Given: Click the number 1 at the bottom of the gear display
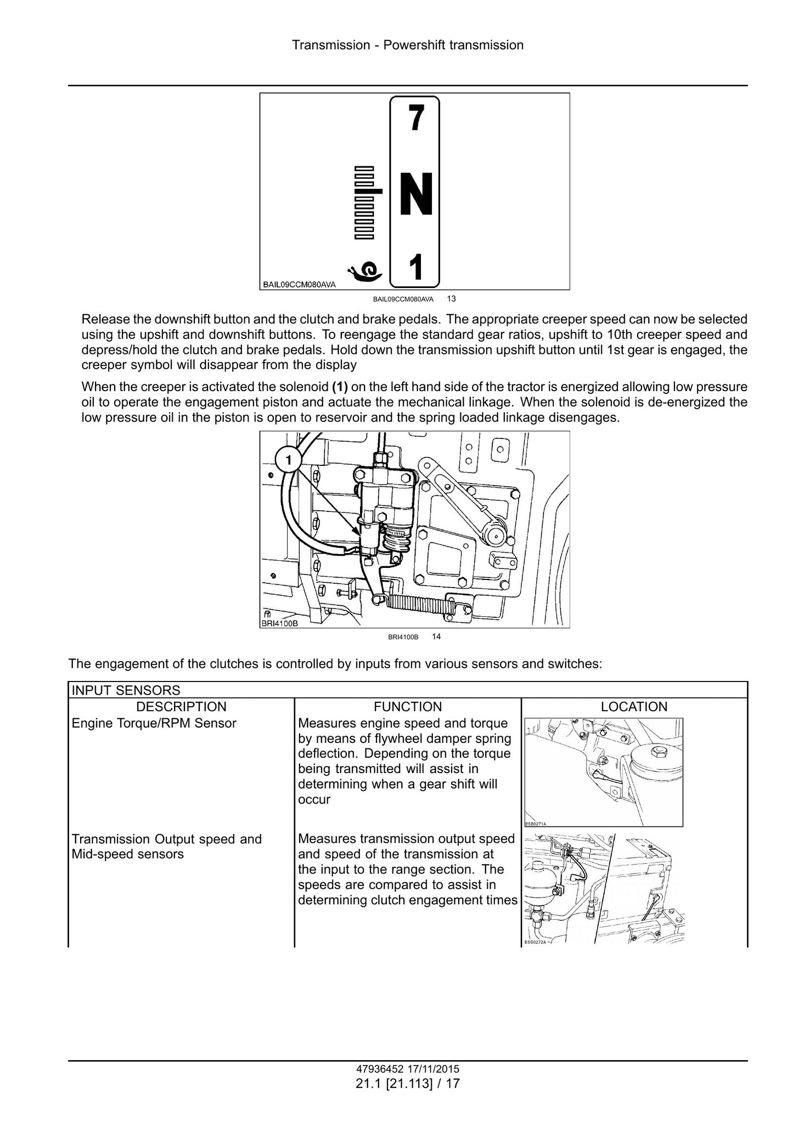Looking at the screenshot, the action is click(x=417, y=267).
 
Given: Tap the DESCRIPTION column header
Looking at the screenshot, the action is click(x=181, y=707).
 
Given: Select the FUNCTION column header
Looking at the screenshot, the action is click(x=408, y=707).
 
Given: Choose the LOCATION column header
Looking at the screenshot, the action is click(x=634, y=707).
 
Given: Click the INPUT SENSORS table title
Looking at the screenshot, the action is click(x=126, y=690).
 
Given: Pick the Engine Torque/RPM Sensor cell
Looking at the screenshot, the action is click(x=154, y=723).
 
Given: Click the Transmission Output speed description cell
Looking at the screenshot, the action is click(x=167, y=847).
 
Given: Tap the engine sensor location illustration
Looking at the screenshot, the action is click(x=604, y=772).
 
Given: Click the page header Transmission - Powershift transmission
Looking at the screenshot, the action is click(x=408, y=45).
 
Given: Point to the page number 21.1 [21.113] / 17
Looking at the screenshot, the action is click(x=408, y=1084).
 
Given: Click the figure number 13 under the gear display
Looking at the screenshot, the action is click(x=451, y=299).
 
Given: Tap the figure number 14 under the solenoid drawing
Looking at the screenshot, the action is click(x=436, y=636).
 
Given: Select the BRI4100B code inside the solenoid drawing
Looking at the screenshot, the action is click(x=279, y=624).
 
